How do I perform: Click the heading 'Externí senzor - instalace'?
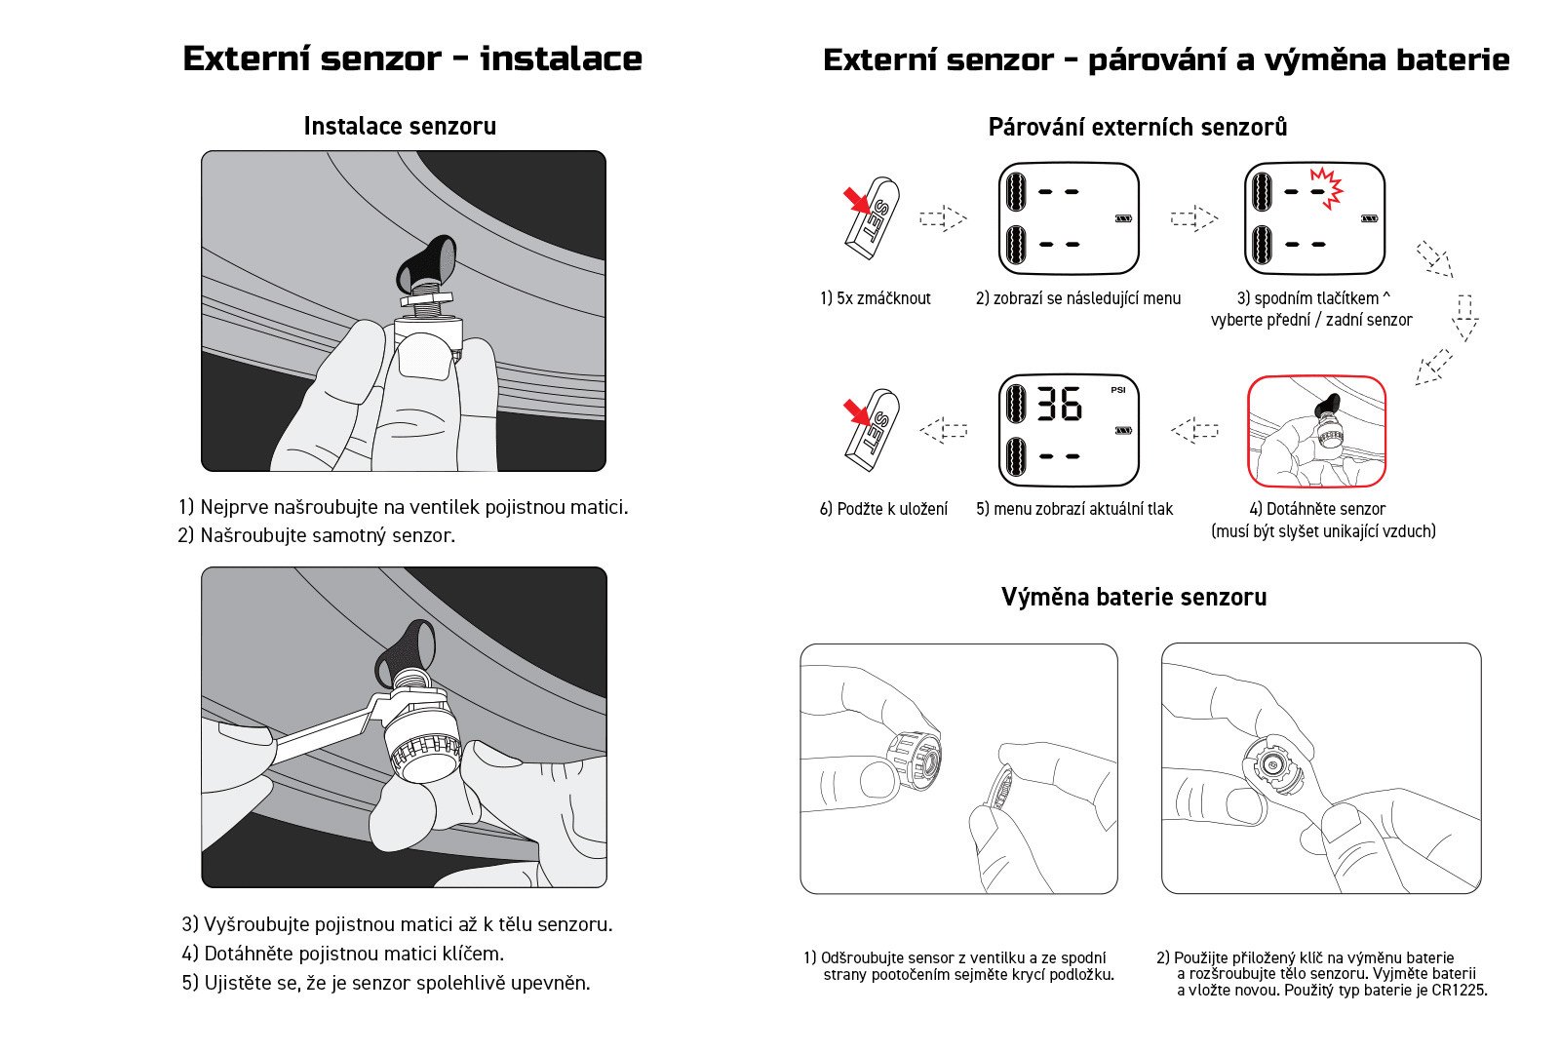(x=411, y=58)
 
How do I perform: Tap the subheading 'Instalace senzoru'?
(x=400, y=126)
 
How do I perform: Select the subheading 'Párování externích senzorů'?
(x=1137, y=127)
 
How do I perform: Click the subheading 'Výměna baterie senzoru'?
(x=1134, y=597)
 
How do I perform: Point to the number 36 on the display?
(x=1059, y=404)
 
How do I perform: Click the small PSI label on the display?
(x=1117, y=390)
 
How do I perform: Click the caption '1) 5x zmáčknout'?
(x=876, y=298)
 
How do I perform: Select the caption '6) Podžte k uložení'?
(x=883, y=509)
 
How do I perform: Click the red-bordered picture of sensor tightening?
(x=1316, y=431)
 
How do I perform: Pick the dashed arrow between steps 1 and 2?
(x=943, y=217)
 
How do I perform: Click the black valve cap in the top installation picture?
(x=426, y=262)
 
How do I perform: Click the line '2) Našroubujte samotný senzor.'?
(x=317, y=535)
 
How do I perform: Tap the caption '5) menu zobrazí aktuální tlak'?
(x=1074, y=509)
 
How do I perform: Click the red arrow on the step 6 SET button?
(x=856, y=411)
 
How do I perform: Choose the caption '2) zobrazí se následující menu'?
(x=1078, y=298)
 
